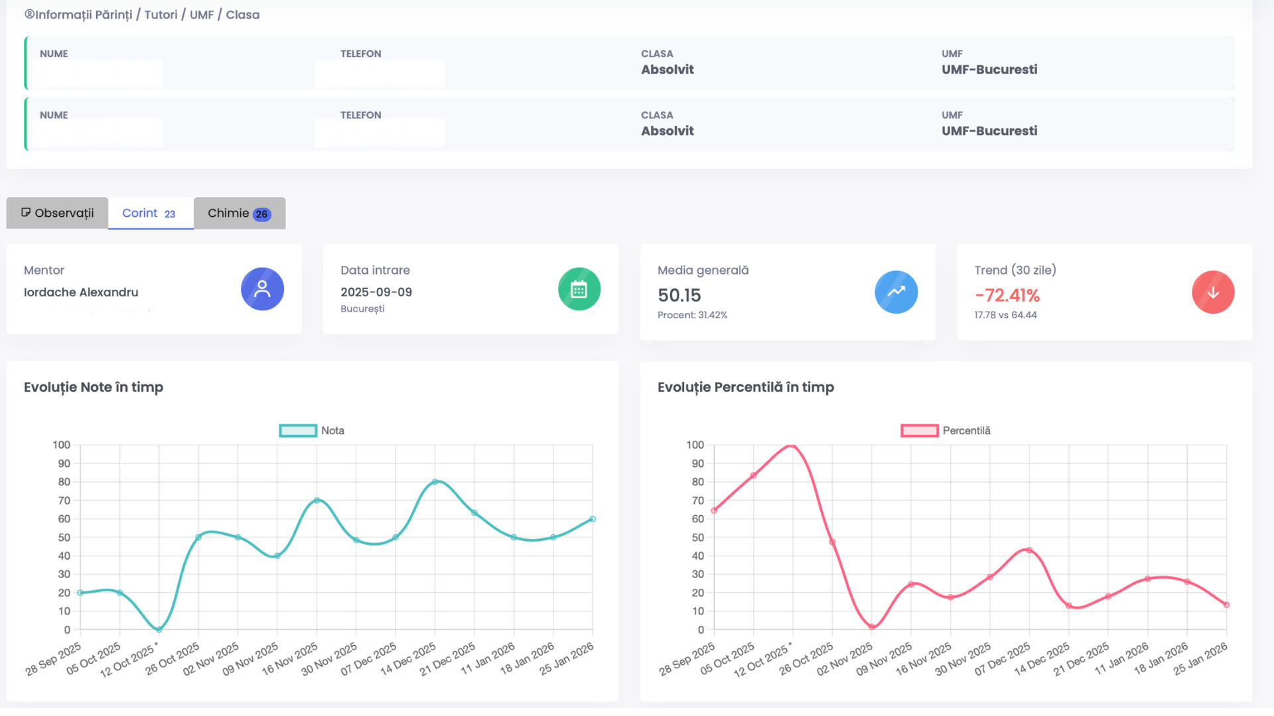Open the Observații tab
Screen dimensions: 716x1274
pos(58,213)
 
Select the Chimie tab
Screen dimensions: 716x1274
pos(239,213)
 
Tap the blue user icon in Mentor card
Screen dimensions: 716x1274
pos(262,289)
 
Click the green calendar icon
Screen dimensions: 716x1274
pos(579,289)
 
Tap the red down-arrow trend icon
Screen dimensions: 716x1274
pos(1212,292)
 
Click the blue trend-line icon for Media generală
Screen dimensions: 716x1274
pos(896,292)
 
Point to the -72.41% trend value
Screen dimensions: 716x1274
pos(1007,296)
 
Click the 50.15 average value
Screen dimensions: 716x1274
pos(679,296)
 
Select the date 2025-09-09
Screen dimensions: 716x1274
pos(376,292)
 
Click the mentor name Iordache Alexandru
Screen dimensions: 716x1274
pos(81,292)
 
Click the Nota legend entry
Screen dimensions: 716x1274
pos(312,431)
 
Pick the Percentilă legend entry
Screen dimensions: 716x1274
pos(946,431)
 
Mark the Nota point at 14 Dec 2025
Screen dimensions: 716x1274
pos(435,482)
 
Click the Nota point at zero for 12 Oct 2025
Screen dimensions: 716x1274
pos(159,629)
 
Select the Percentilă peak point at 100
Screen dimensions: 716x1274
pos(792,446)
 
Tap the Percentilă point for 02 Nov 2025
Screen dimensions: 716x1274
pos(871,626)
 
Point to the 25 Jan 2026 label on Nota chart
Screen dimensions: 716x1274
pos(566,660)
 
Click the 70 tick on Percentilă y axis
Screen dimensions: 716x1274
pos(697,501)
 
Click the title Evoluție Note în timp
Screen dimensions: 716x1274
pos(94,387)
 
